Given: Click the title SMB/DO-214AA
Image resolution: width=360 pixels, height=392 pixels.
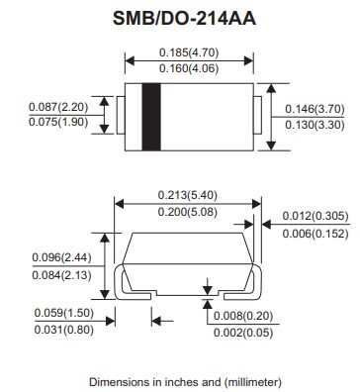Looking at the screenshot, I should (x=181, y=17).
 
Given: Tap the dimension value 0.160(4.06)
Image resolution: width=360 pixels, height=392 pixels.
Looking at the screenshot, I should (x=188, y=70).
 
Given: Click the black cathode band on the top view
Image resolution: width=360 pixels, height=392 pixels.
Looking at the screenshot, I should (x=152, y=117).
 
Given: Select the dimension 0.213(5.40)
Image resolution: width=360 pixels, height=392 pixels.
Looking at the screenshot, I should (x=186, y=196).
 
